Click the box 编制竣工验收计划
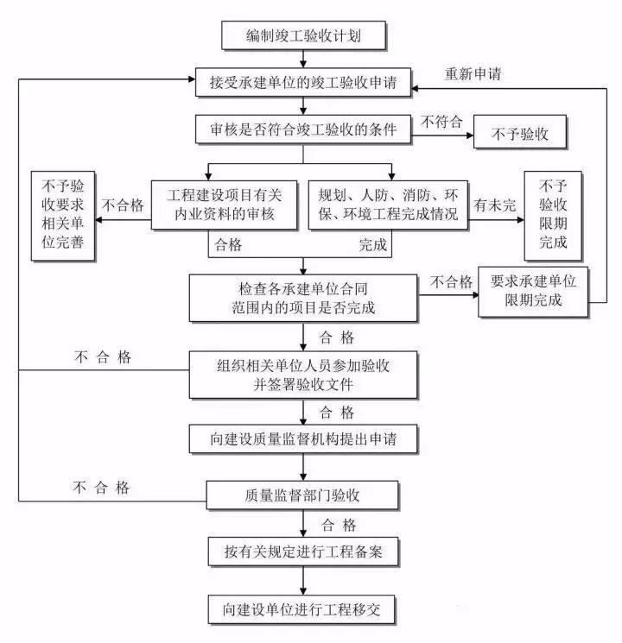click(x=303, y=36)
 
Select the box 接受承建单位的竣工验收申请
click(x=303, y=84)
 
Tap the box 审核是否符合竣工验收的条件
click(x=303, y=131)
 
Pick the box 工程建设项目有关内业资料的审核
click(x=224, y=205)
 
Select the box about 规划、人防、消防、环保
click(x=388, y=205)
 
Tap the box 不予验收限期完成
click(x=553, y=214)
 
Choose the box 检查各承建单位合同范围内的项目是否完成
click(x=303, y=296)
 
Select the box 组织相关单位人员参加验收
click(x=303, y=375)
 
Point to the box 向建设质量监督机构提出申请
click(x=303, y=438)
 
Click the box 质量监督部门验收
click(x=303, y=495)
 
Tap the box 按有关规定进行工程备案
click(x=303, y=551)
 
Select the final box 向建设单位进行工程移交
click(x=303, y=609)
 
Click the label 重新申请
click(x=473, y=72)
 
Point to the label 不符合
click(x=441, y=123)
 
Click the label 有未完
click(x=494, y=206)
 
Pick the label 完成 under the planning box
click(x=373, y=246)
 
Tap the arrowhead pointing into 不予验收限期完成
click(x=519, y=219)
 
